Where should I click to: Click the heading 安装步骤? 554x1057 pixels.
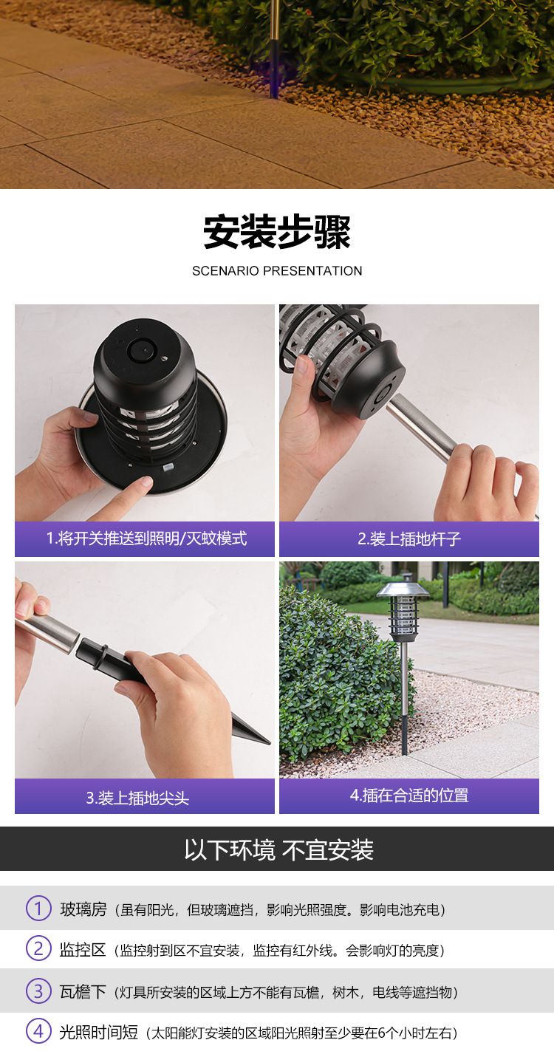[x=277, y=232]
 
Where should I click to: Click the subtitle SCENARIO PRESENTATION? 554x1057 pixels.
[x=277, y=271]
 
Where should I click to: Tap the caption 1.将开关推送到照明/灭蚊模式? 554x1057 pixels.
[x=146, y=538]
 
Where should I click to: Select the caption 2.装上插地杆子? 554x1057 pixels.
[x=409, y=539]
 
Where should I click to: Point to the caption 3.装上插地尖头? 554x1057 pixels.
[x=137, y=798]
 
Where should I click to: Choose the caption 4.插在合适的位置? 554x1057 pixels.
[x=409, y=796]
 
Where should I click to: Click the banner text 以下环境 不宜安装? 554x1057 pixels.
[x=278, y=850]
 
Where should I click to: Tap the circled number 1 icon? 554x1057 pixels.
[x=38, y=908]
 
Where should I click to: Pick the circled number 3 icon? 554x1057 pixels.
[x=38, y=991]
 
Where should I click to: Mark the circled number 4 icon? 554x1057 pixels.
[x=38, y=1031]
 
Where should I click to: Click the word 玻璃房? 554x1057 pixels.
[x=83, y=909]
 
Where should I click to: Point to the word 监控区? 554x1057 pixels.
[x=83, y=949]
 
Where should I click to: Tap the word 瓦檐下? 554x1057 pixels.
[x=83, y=991]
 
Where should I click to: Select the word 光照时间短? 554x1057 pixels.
[x=99, y=1032]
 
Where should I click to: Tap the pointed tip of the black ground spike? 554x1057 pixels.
[x=269, y=743]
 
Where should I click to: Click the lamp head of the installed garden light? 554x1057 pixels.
[x=403, y=610]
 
